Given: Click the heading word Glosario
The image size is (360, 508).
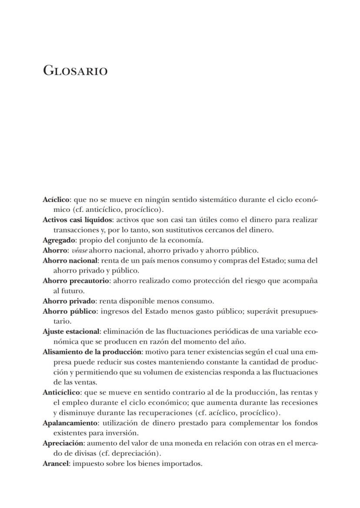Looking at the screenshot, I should point(75,70).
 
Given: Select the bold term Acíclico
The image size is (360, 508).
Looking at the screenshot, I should point(56,200).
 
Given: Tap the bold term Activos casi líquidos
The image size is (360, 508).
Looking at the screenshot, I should point(77,220).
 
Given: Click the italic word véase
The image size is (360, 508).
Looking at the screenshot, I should point(80,251).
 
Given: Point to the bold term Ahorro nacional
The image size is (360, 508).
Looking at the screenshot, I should point(70,261).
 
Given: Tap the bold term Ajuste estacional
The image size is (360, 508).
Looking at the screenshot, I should point(71,331).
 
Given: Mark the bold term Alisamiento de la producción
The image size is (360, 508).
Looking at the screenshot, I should point(92,352).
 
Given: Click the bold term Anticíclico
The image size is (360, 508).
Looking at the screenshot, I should point(61,392).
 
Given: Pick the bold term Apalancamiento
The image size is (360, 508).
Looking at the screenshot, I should point(70,423).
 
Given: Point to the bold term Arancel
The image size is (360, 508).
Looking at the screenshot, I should point(56,464).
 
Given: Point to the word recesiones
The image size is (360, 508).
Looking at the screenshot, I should point(300,403).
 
